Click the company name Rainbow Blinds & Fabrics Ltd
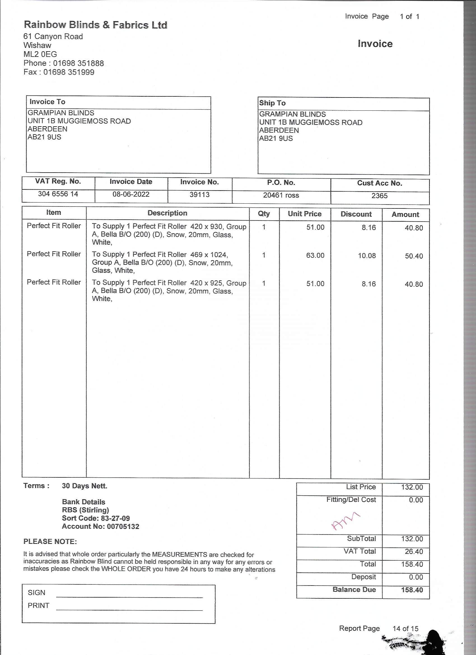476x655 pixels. (x=95, y=25)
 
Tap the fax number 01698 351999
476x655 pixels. (x=69, y=72)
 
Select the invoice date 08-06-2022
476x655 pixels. (x=131, y=194)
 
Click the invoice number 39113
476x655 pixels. (x=199, y=195)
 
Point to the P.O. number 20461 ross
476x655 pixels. (x=281, y=196)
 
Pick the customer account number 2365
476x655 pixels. (x=379, y=196)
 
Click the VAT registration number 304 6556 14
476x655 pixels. (x=58, y=194)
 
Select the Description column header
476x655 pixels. (x=167, y=213)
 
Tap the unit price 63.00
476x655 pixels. (x=315, y=256)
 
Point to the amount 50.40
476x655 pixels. (x=414, y=256)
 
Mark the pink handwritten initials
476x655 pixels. (x=345, y=521)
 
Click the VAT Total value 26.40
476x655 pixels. (x=414, y=552)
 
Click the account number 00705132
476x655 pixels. (x=123, y=526)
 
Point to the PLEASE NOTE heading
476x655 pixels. (x=50, y=542)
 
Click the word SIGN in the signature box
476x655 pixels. (x=37, y=593)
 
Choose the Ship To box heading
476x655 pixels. (x=272, y=103)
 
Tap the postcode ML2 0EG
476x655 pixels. (x=40, y=54)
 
